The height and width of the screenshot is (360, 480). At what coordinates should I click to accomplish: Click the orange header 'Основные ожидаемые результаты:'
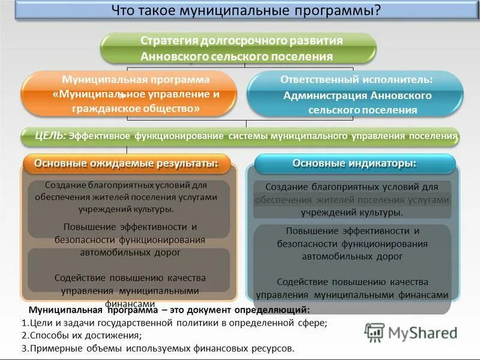[125, 163]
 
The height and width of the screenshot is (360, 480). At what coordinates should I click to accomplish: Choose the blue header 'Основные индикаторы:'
[354, 163]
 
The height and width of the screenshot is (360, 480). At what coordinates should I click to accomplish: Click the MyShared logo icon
[375, 332]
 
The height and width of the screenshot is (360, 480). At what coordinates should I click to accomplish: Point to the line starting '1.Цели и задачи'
[174, 323]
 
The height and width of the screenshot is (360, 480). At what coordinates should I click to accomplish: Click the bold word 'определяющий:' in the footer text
[277, 310]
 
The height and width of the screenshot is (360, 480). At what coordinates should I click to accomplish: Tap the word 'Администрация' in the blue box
[324, 95]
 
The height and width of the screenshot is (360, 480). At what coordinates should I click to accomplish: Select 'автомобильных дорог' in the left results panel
[130, 252]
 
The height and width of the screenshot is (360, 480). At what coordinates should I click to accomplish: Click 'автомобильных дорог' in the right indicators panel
[352, 256]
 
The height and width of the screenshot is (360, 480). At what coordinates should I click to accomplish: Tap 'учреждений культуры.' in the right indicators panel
[352, 212]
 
